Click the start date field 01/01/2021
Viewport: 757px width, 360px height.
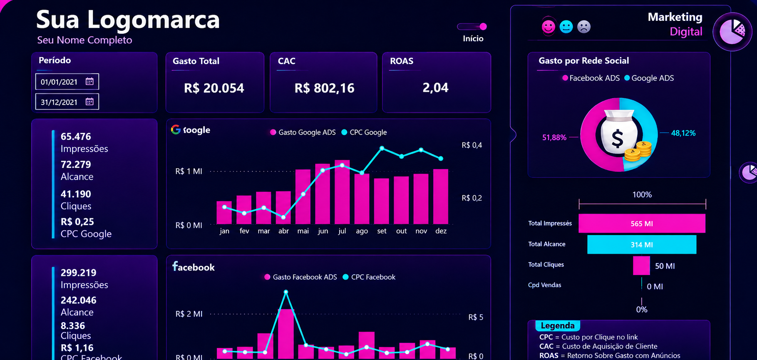pyautogui.click(x=67, y=82)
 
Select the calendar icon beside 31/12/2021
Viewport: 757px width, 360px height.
pyautogui.click(x=89, y=102)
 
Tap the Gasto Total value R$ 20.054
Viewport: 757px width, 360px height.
pyautogui.click(x=214, y=88)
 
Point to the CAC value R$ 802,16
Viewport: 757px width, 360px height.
pyautogui.click(x=324, y=88)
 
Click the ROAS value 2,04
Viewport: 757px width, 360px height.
pyautogui.click(x=435, y=88)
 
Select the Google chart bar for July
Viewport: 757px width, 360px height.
pyautogui.click(x=342, y=192)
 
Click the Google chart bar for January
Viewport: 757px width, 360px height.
pyautogui.click(x=224, y=213)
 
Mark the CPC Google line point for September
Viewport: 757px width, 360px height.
pyautogui.click(x=382, y=148)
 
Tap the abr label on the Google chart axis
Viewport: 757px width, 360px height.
pyautogui.click(x=283, y=231)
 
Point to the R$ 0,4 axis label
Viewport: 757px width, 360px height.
pyautogui.click(x=472, y=145)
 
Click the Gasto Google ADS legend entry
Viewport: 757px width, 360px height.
pyautogui.click(x=303, y=132)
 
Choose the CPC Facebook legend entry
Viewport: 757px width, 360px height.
pyautogui.click(x=369, y=277)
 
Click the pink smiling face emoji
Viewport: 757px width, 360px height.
pyautogui.click(x=549, y=27)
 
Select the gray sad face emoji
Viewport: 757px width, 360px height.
pyautogui.click(x=584, y=27)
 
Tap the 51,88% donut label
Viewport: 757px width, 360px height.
pyautogui.click(x=554, y=137)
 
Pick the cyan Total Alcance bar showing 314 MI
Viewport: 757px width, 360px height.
pyautogui.click(x=642, y=244)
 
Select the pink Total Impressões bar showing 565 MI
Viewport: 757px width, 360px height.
pyautogui.click(x=642, y=223)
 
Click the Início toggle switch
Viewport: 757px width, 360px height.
pyautogui.click(x=472, y=27)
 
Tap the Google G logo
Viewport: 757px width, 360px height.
pyautogui.click(x=176, y=129)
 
